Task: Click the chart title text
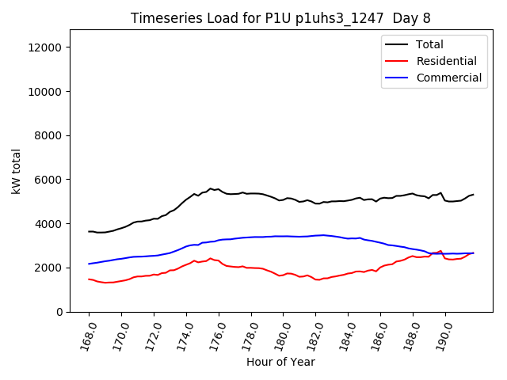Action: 281,17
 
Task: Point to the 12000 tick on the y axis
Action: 47,47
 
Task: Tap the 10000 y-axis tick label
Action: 47,92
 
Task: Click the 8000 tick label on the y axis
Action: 50,135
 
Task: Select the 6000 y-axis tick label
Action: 50,180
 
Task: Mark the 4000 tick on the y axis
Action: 50,224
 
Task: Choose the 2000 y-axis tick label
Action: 50,268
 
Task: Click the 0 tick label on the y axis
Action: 59,312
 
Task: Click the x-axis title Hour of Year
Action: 281,362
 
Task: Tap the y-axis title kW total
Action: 17,171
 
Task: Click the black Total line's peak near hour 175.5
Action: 210,188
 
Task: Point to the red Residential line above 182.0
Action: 317,279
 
